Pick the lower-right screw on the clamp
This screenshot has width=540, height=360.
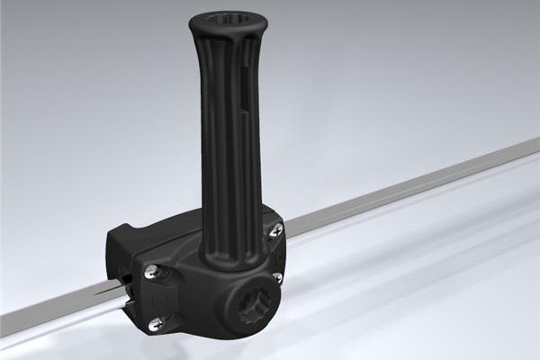click(x=277, y=276)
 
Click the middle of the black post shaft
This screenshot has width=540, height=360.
click(x=224, y=135)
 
